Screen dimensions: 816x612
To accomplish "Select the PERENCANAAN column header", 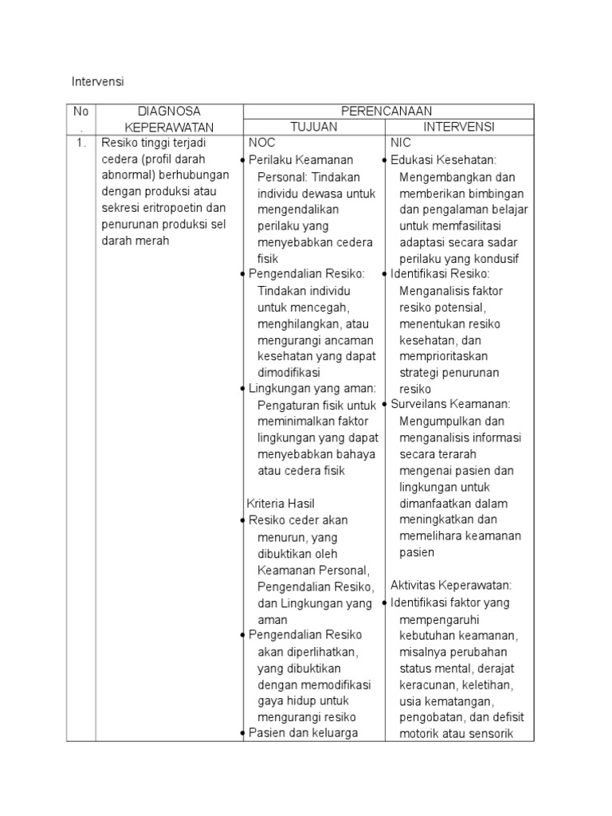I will [388, 111].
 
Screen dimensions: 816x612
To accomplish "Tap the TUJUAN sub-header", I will [313, 127].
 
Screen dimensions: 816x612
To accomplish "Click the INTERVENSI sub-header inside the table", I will [459, 127].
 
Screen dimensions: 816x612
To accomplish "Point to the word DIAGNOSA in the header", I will [168, 111].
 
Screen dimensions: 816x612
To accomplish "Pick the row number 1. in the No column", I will [80, 143].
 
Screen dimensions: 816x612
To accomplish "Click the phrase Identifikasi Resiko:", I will [451, 274].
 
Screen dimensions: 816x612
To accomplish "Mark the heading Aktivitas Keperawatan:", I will [451, 585].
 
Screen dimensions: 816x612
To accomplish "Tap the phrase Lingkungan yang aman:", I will [312, 388].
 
